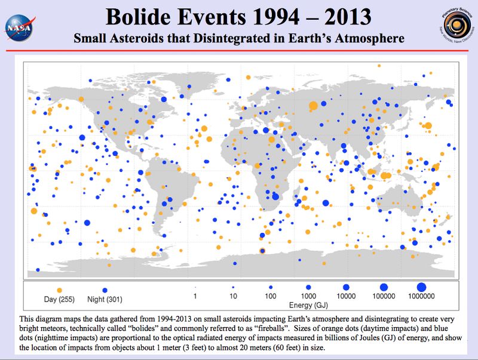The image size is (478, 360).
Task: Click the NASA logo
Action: pos(18,26)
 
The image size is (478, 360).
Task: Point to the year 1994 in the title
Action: pos(270,17)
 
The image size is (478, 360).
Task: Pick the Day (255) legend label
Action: pos(59,298)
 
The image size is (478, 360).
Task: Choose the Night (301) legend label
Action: pos(105,298)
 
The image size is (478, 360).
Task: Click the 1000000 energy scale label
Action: pos(421,296)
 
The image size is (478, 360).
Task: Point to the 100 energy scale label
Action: pos(271,296)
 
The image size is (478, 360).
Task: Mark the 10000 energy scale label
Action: pos(346,296)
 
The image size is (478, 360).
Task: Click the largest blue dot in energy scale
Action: pos(421,287)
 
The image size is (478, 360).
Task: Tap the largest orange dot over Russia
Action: pos(312,106)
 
